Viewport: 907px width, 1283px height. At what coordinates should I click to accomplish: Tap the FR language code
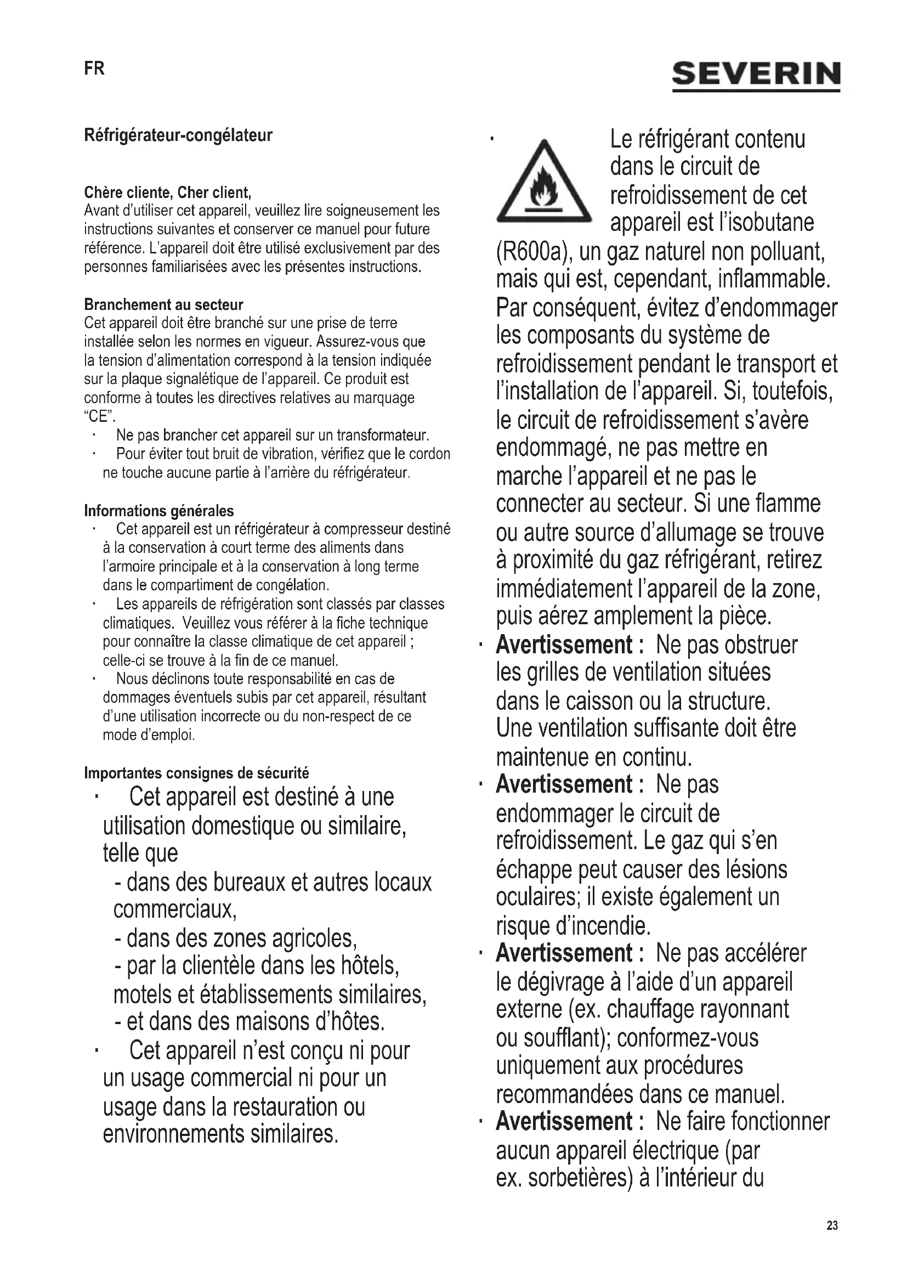coord(94,69)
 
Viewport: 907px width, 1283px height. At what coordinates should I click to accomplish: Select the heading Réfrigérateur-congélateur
coord(178,135)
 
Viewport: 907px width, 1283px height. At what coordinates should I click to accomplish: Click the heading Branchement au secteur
coord(163,304)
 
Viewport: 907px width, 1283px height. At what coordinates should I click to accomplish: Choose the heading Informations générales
coord(158,511)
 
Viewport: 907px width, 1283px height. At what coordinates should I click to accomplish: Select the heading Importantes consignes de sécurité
coord(196,773)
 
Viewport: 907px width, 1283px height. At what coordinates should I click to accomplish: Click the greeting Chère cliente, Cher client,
coord(168,193)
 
